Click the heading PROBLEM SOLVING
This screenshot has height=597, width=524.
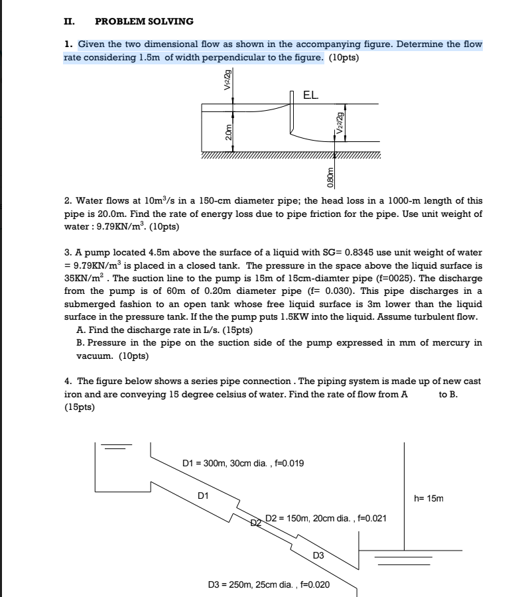(145, 21)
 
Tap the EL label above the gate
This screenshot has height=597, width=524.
(310, 95)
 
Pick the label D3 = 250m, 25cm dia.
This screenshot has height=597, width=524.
(269, 584)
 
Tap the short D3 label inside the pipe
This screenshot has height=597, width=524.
(319, 555)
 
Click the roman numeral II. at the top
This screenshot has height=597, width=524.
(68, 21)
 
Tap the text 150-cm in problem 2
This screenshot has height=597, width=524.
(190, 200)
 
